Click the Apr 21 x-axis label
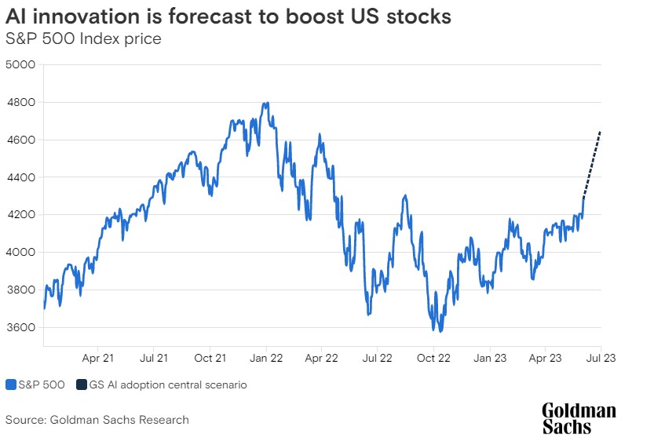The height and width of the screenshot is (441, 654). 98,358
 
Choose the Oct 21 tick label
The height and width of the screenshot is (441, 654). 210,358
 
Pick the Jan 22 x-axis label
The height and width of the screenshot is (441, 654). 265,358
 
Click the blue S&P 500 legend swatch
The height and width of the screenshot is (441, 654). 11,385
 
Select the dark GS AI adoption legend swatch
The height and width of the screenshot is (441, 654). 82,385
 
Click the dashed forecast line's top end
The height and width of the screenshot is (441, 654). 601,132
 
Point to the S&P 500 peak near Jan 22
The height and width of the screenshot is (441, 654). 268,103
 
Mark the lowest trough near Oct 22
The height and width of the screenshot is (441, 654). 441,331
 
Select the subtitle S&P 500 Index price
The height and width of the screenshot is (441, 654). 83,38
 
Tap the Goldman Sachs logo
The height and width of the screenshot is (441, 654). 579,418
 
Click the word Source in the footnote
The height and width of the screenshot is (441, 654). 25,420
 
